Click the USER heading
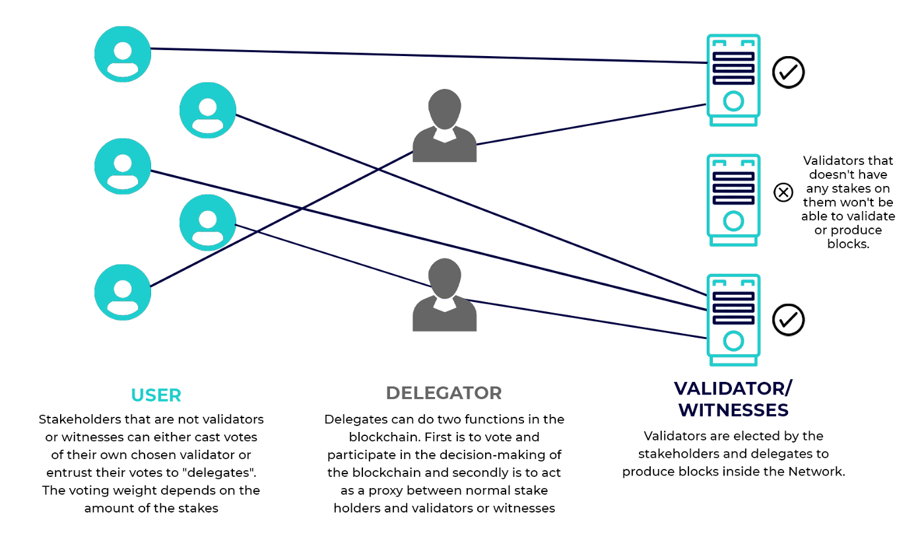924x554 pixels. coord(156,395)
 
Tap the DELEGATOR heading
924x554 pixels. coord(444,393)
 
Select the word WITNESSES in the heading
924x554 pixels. coord(733,410)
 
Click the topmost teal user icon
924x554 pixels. coord(123,54)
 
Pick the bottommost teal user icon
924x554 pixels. coord(123,292)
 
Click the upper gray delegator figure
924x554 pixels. coord(444,126)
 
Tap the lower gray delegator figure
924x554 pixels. coord(444,295)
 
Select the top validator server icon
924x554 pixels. coord(733,80)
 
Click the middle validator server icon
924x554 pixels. coord(733,200)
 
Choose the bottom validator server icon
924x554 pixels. coord(733,320)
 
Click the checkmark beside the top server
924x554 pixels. coord(788,72)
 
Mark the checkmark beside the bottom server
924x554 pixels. coord(788,320)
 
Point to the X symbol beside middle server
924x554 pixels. coord(783,193)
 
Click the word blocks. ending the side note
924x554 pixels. coord(848,244)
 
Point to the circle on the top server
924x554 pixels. coord(733,101)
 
